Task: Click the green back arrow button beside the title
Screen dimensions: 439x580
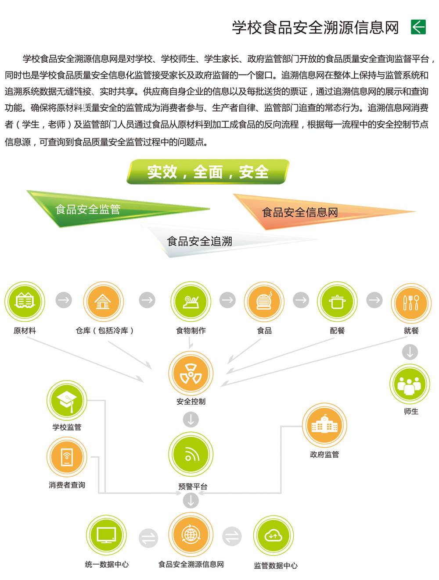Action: [x=418, y=27]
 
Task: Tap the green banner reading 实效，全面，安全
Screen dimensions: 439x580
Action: [x=208, y=171]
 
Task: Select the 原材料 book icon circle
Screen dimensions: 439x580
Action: [x=25, y=301]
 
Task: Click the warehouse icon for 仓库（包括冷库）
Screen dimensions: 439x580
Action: [x=104, y=301]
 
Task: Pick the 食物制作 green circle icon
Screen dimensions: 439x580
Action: [x=191, y=301]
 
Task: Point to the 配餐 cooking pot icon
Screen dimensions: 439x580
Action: [x=337, y=301]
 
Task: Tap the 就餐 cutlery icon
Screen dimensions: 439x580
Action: [x=411, y=303]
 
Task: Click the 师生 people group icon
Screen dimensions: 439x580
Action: [x=410, y=384]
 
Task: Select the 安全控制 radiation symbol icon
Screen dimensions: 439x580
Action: [x=191, y=373]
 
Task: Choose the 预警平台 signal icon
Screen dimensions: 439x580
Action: [x=191, y=454]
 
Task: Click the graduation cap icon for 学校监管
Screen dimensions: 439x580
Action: [x=67, y=400]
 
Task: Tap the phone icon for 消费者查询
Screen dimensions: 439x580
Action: [x=67, y=457]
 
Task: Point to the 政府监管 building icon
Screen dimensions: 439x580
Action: [x=324, y=425]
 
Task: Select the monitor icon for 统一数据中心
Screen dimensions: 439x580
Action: [x=106, y=535]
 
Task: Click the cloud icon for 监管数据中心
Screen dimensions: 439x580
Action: [x=273, y=536]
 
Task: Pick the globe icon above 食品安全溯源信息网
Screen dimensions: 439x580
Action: [x=191, y=535]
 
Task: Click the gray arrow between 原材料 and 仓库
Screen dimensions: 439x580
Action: [x=64, y=300]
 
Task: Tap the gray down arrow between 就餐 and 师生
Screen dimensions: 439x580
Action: [x=410, y=352]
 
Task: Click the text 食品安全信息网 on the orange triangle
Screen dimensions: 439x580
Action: [x=300, y=212]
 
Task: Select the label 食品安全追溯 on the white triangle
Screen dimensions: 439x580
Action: [x=199, y=241]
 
